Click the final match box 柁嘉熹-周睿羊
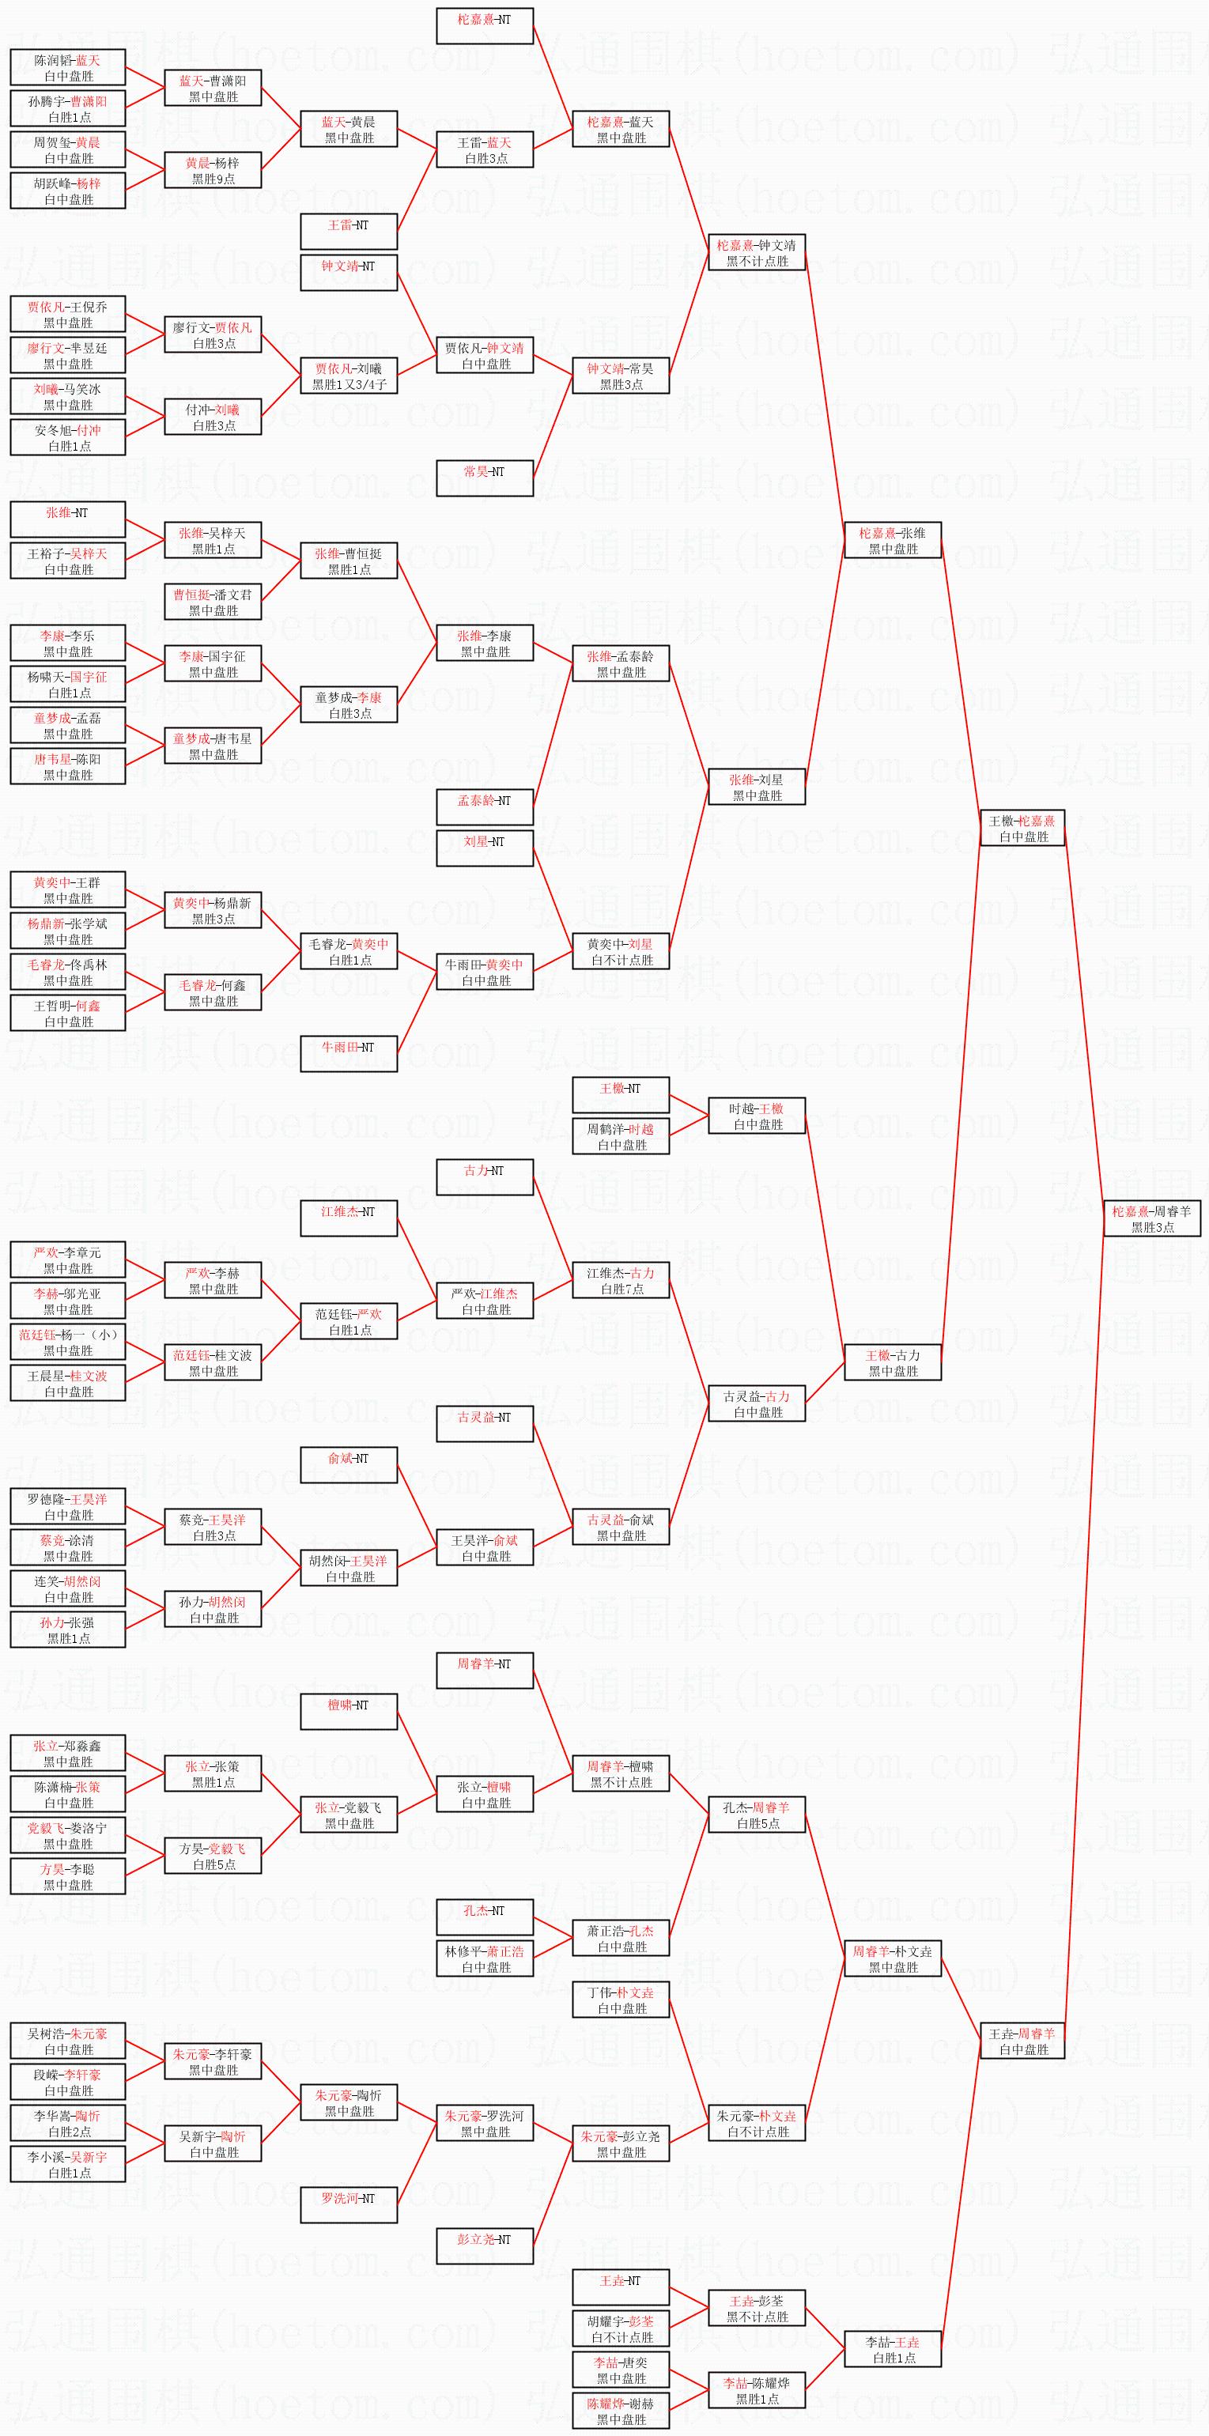tap(1151, 1218)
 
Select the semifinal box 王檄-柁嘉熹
tap(1022, 828)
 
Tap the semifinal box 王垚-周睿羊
tap(1022, 2041)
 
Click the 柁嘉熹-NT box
tap(485, 25)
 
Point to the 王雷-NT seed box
tap(348, 232)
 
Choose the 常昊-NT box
tap(485, 478)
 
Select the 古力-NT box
tap(485, 1176)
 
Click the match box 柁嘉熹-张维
tap(892, 540)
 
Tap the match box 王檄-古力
tap(892, 1362)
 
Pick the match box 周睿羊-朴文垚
tap(892, 1958)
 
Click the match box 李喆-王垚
tap(892, 2349)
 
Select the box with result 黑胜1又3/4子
tap(348, 376)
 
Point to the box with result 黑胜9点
tap(213, 170)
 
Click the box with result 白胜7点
tap(621, 1280)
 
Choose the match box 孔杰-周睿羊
tap(757, 1815)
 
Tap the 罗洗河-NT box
tap(348, 2205)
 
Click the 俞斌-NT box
tap(348, 1465)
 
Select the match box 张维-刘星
tap(757, 787)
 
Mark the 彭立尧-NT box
tap(485, 2246)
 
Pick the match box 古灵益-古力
tap(757, 1403)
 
